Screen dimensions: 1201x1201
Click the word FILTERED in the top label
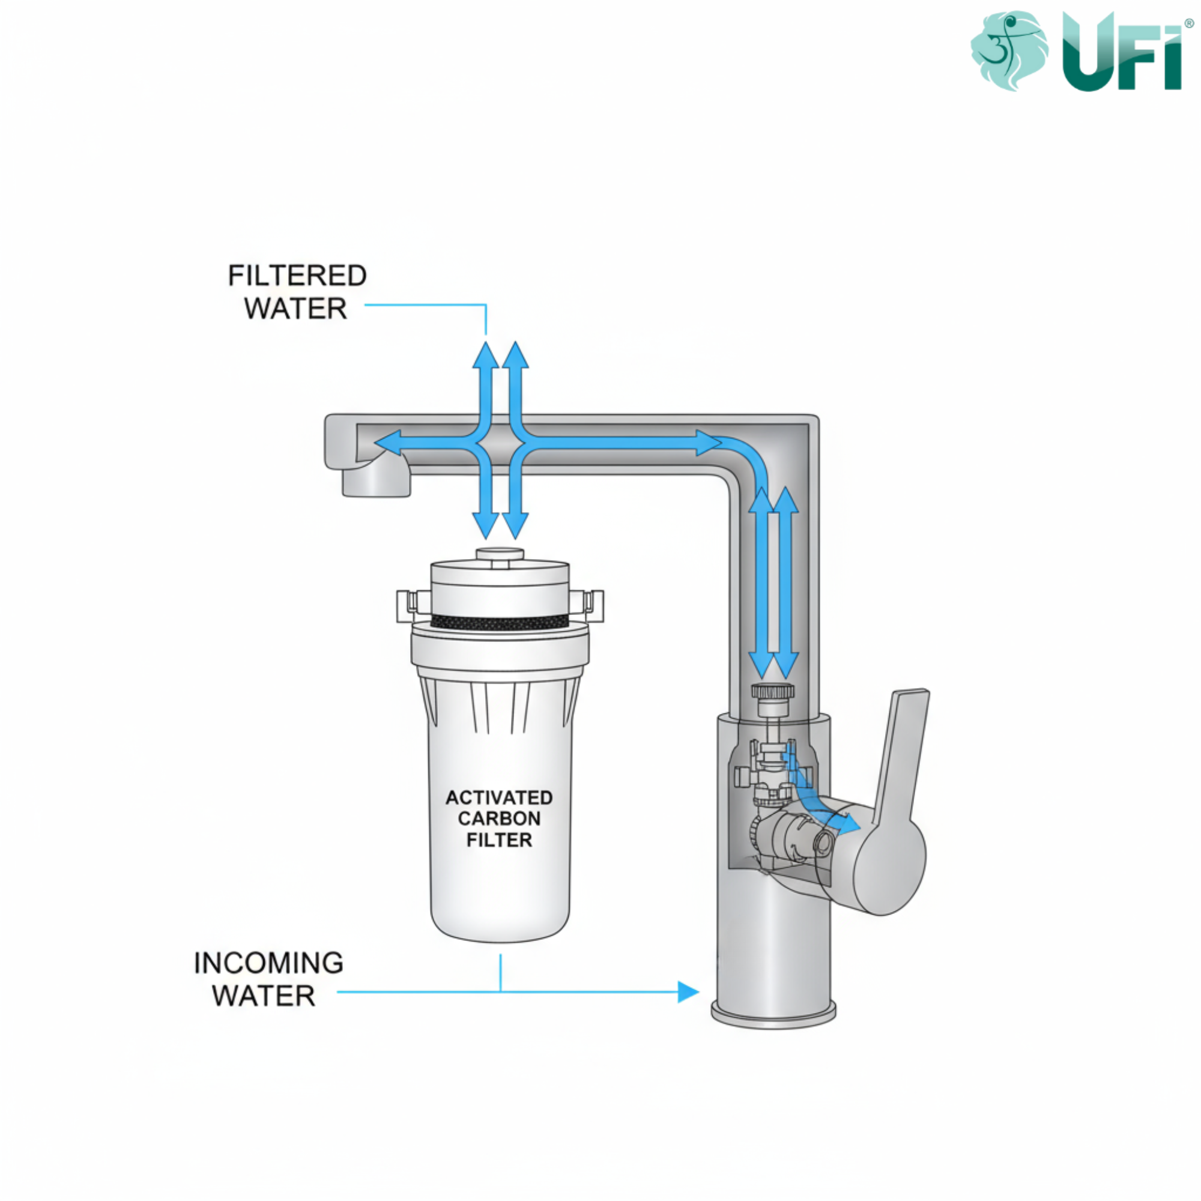pyautogui.click(x=297, y=276)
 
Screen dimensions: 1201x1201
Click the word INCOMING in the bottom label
pyautogui.click(x=268, y=963)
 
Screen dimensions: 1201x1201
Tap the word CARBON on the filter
pyautogui.click(x=499, y=818)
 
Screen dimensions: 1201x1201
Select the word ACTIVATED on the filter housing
pyautogui.click(x=499, y=797)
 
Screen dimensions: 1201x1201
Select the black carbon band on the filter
pyautogui.click(x=500, y=622)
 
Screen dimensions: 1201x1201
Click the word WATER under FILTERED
pyautogui.click(x=295, y=309)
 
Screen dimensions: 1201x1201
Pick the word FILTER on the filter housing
pyautogui.click(x=499, y=841)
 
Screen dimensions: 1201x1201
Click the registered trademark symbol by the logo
pyautogui.click(x=1189, y=23)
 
